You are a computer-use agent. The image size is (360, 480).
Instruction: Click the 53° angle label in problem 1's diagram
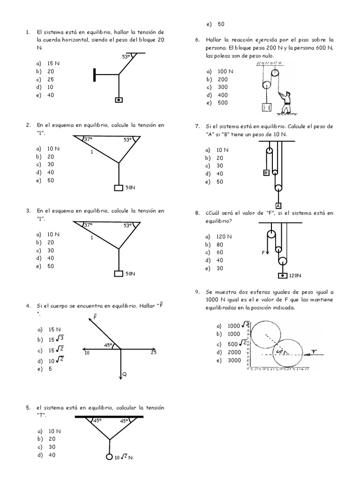click(126, 57)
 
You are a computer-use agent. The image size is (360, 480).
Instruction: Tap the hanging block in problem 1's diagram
click(119, 99)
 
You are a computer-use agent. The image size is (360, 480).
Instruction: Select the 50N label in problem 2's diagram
click(130, 187)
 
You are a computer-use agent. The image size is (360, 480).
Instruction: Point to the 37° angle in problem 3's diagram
click(88, 225)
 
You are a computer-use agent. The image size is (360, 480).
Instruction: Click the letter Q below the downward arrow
click(124, 374)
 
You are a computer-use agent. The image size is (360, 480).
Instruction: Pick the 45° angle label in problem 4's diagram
click(108, 345)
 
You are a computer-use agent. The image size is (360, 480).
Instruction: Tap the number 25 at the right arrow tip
click(154, 352)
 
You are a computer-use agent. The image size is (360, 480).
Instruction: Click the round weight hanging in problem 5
click(110, 457)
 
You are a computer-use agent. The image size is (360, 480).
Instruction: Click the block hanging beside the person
click(266, 107)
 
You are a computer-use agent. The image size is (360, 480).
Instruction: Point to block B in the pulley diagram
click(266, 172)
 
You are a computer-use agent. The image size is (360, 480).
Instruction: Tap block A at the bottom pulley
click(278, 205)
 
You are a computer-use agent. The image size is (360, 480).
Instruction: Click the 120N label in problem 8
click(295, 276)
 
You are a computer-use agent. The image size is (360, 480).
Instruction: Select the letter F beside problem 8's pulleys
click(263, 252)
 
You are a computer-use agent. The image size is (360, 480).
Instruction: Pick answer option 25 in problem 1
click(51, 79)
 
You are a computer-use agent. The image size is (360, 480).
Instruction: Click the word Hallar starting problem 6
click(214, 39)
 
